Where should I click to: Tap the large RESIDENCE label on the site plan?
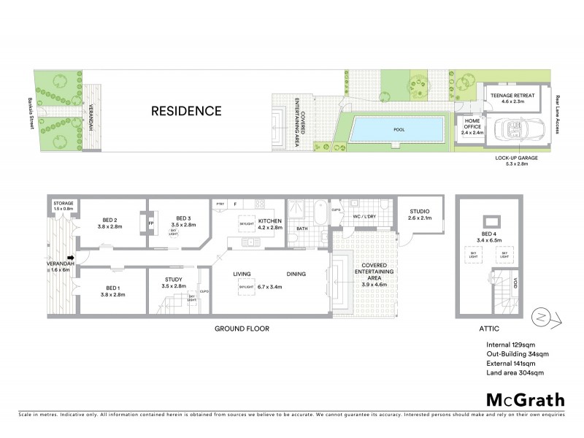[186, 111]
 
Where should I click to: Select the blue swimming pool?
[398, 130]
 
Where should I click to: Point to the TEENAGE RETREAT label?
[512, 96]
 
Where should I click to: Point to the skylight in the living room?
[246, 286]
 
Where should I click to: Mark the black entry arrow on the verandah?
[71, 257]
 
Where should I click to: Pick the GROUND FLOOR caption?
[242, 328]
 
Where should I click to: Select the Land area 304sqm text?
[515, 373]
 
